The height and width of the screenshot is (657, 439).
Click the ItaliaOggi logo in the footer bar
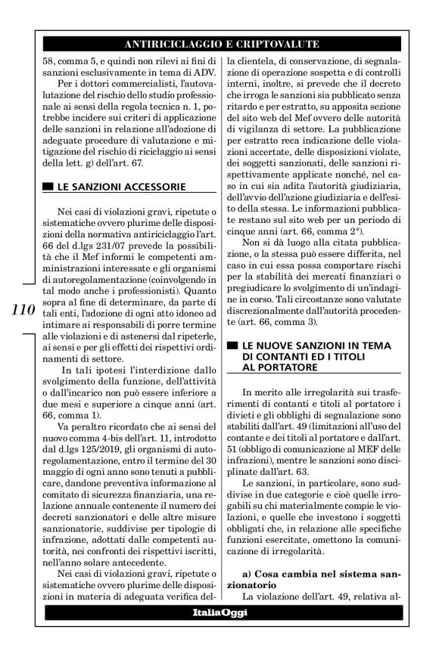click(219, 612)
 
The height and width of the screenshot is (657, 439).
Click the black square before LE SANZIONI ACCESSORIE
click(48, 186)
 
